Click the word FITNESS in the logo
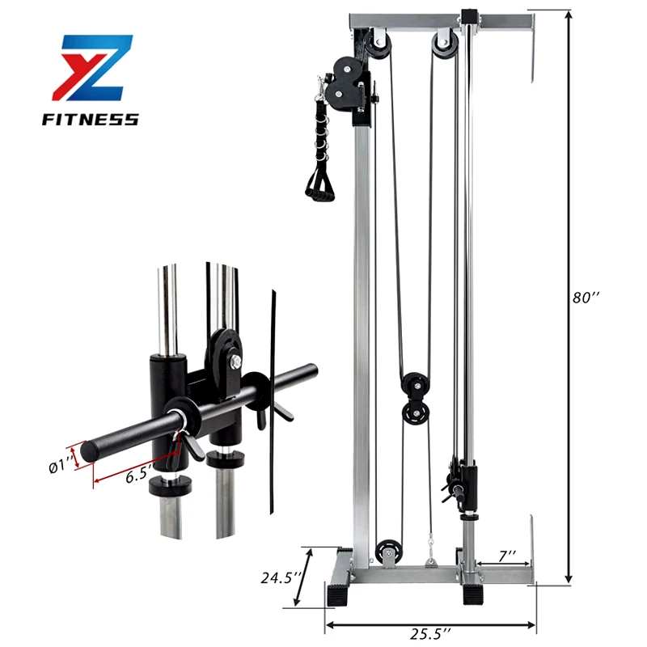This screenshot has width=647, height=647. click(x=90, y=120)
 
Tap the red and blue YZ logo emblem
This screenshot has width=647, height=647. click(x=90, y=71)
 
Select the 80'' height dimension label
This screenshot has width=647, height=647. click(x=585, y=297)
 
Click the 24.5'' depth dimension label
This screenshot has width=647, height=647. click(x=281, y=578)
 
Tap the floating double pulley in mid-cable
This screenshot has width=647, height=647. click(x=414, y=396)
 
